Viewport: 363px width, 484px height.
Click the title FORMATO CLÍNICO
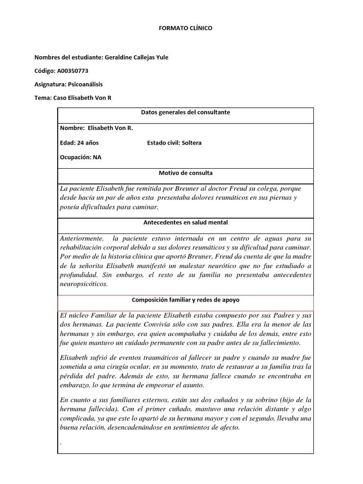tap(185, 28)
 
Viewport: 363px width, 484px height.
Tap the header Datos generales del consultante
tap(185, 112)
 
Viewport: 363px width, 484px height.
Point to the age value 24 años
tap(86, 143)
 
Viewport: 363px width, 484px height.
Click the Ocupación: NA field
tap(80, 158)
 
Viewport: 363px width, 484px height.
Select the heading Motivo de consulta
tap(185, 173)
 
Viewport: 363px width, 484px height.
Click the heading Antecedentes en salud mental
tap(185, 222)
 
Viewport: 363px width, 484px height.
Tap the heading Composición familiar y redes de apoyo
tap(185, 300)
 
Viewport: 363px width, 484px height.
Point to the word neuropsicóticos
tap(84, 284)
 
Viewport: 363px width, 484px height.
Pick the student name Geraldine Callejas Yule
tap(136, 58)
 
